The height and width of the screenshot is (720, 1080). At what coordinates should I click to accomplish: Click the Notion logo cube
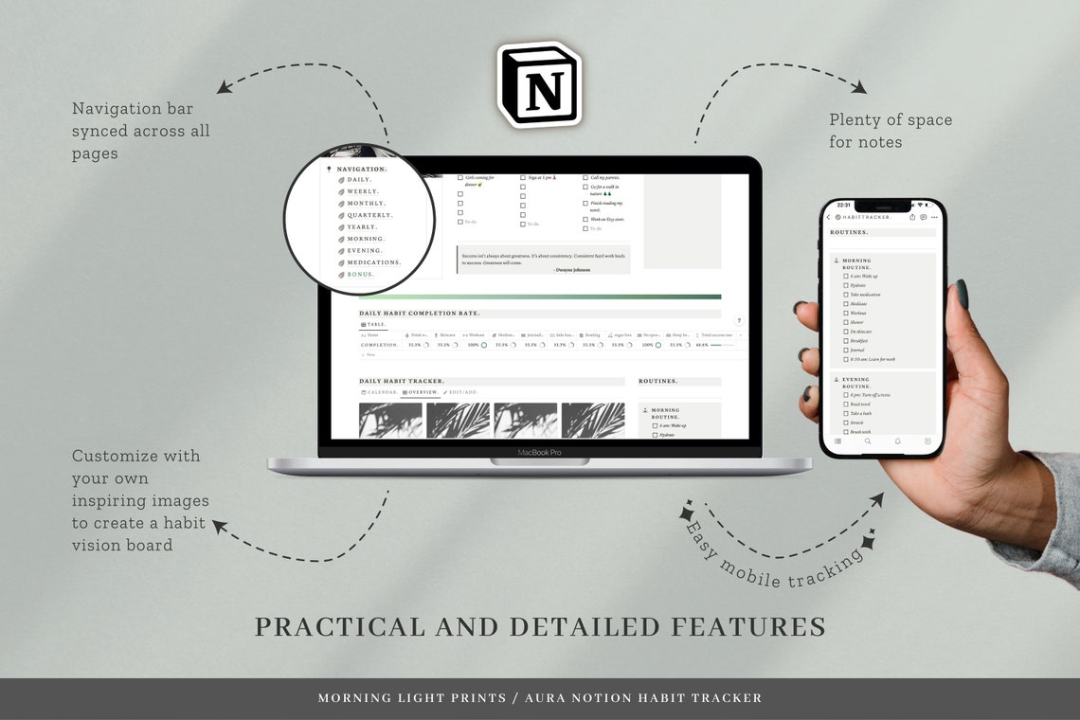click(539, 84)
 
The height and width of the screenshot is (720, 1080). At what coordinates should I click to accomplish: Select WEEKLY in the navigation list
click(363, 191)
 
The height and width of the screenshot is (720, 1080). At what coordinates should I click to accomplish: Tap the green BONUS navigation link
click(361, 275)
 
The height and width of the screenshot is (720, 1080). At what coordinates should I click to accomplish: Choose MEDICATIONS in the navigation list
click(373, 262)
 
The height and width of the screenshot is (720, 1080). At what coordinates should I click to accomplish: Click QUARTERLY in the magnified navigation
click(369, 215)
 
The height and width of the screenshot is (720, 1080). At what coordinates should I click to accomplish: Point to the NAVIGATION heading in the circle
click(362, 169)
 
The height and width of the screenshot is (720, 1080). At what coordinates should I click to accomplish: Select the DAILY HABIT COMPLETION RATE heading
click(420, 313)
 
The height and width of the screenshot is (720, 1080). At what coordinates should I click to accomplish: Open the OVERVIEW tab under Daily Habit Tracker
click(421, 392)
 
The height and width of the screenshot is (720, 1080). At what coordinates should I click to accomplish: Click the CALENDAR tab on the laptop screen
click(379, 392)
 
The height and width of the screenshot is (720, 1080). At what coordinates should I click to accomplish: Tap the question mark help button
click(739, 321)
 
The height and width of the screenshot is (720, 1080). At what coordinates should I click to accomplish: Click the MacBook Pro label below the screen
click(539, 452)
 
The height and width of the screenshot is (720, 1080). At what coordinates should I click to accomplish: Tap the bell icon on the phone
click(898, 441)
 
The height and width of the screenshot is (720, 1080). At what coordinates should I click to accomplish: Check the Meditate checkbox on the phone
click(845, 304)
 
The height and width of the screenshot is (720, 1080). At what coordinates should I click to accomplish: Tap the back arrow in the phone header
click(829, 218)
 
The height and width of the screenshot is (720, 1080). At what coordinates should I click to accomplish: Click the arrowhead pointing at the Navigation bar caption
click(224, 88)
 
